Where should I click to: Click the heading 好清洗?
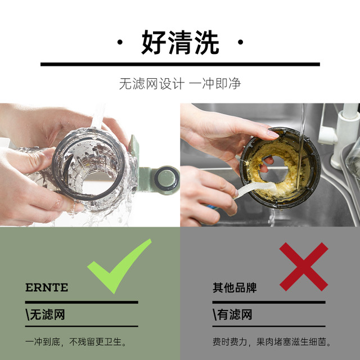(180, 43)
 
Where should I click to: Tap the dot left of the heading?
(120, 42)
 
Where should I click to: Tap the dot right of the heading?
(240, 42)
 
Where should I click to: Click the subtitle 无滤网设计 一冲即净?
(180, 83)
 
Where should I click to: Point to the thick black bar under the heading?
(180, 64)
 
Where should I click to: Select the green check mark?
(119, 266)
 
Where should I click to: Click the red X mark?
(304, 267)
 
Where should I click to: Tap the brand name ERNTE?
(47, 287)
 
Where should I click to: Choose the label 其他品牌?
(235, 287)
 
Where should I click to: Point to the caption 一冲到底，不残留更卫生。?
(76, 342)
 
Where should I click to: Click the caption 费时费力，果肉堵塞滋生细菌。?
(272, 342)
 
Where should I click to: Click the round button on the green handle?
(166, 179)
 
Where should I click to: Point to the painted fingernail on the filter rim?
(273, 134)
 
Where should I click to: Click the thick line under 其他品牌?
(269, 302)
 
